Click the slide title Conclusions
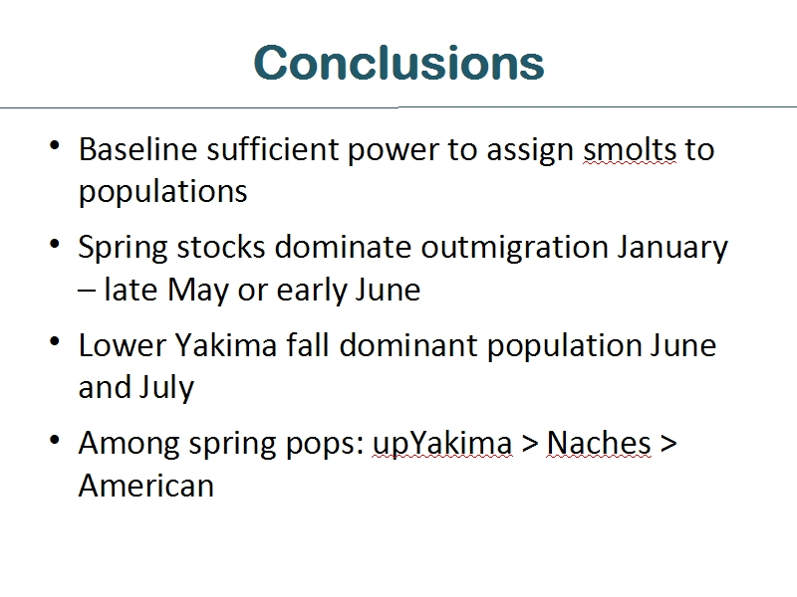pyautogui.click(x=399, y=63)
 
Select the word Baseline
pyautogui.click(x=137, y=149)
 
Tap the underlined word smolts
pyautogui.click(x=630, y=149)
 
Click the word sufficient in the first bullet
pyautogui.click(x=272, y=149)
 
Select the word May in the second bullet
pyautogui.click(x=197, y=292)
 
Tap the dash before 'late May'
pyautogui.click(x=87, y=291)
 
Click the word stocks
pyautogui.click(x=220, y=247)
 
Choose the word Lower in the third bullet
pyautogui.click(x=122, y=345)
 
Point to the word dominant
pyautogui.click(x=408, y=345)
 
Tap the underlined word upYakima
pyautogui.click(x=442, y=445)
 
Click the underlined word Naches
pyautogui.click(x=599, y=443)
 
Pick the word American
pyautogui.click(x=146, y=486)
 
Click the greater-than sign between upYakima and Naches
pyautogui.click(x=530, y=444)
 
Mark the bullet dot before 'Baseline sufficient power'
pyautogui.click(x=55, y=145)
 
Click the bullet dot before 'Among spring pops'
pyautogui.click(x=55, y=440)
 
